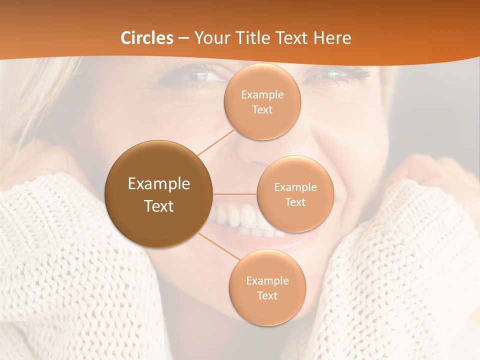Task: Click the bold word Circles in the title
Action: click(x=147, y=38)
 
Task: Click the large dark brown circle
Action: click(x=159, y=194)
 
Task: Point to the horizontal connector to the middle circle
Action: click(x=235, y=194)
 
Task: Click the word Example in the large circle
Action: click(x=159, y=184)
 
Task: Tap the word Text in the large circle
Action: click(x=159, y=205)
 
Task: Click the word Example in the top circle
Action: click(x=262, y=94)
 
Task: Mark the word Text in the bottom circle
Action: click(x=267, y=295)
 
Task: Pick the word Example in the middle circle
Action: click(x=295, y=187)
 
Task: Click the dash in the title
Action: click(x=183, y=38)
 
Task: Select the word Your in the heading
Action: click(x=210, y=38)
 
